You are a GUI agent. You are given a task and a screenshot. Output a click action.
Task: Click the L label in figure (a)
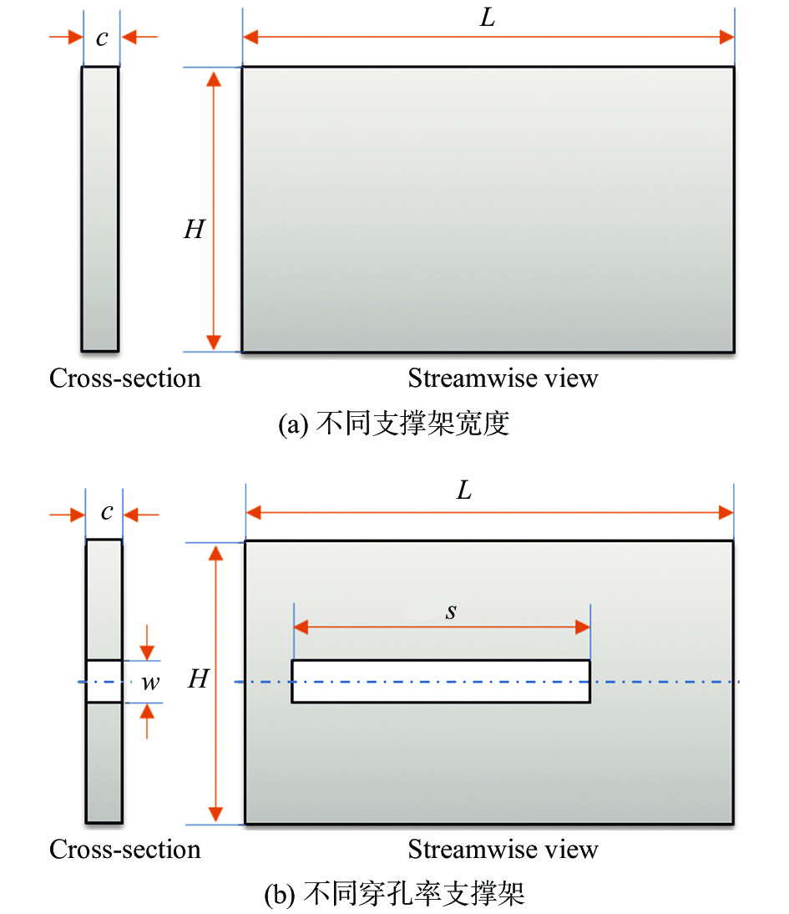(488, 18)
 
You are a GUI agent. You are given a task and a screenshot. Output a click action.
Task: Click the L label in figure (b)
(463, 490)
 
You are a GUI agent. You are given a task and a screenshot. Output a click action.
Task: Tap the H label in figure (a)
(194, 230)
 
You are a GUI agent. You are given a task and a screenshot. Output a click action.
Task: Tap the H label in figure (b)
(197, 680)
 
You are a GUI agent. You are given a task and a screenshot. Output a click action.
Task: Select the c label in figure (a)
(101, 38)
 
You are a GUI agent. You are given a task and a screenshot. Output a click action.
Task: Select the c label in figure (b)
(106, 512)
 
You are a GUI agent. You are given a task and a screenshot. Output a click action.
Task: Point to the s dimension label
(451, 612)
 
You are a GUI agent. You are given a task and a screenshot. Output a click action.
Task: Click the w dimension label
(150, 683)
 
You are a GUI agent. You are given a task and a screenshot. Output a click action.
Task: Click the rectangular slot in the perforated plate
(441, 681)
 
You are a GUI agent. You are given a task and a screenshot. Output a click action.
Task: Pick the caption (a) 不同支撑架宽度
(393, 424)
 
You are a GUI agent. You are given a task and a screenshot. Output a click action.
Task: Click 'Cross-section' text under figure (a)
(125, 378)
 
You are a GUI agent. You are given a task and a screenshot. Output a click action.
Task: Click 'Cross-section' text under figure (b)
(125, 850)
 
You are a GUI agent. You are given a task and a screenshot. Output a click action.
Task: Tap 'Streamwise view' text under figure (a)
(503, 378)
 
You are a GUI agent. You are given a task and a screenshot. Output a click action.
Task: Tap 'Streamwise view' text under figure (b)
(503, 850)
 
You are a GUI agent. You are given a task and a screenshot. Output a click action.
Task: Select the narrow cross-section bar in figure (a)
(100, 209)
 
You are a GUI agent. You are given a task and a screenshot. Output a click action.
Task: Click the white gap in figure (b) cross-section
(104, 681)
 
